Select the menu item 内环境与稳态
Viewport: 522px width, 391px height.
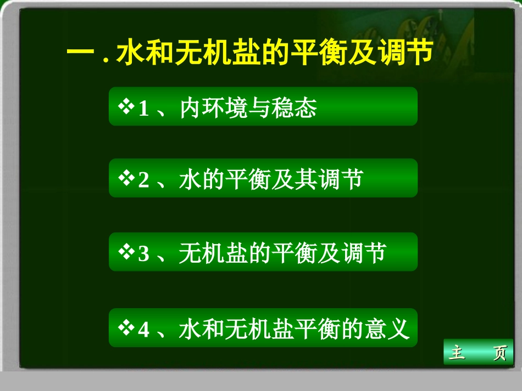point(248,109)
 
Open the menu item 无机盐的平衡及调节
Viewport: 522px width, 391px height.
point(282,253)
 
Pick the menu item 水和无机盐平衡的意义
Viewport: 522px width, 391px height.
point(295,329)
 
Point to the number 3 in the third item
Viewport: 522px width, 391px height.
point(143,254)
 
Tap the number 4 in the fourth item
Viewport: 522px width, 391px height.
point(143,330)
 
